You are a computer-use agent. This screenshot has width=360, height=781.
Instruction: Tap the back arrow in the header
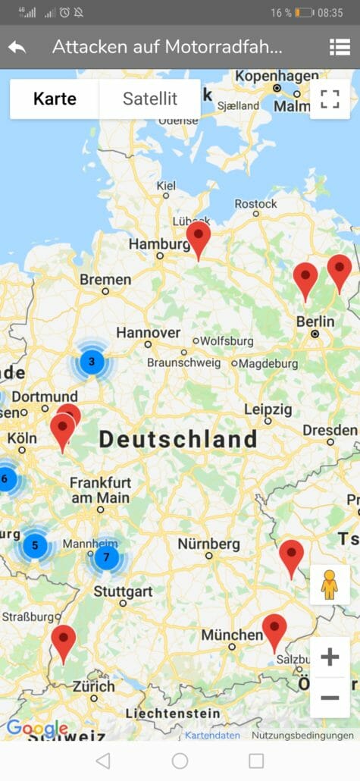point(17,47)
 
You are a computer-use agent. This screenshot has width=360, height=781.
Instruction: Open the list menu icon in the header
point(340,47)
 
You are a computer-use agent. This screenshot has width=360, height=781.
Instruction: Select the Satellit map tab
point(150,99)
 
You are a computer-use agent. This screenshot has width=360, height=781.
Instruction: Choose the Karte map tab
point(55,99)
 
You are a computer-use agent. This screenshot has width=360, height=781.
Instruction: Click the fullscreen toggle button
point(330,99)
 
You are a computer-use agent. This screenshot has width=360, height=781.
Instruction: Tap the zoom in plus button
point(330,657)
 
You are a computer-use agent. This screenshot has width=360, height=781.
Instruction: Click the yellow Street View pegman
point(329,585)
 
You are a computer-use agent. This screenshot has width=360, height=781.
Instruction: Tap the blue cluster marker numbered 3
point(92,362)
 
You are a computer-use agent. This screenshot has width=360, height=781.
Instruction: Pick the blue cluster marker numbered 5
point(35,545)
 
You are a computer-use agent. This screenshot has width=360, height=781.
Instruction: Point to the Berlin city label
point(315,321)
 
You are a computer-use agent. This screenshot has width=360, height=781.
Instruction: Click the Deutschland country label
point(178,439)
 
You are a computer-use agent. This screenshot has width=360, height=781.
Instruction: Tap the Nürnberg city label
point(208,544)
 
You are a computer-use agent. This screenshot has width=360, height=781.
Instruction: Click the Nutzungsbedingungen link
point(302,736)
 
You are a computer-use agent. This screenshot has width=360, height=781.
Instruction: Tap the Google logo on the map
point(36,729)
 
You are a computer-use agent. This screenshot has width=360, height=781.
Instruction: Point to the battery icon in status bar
point(305,13)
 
